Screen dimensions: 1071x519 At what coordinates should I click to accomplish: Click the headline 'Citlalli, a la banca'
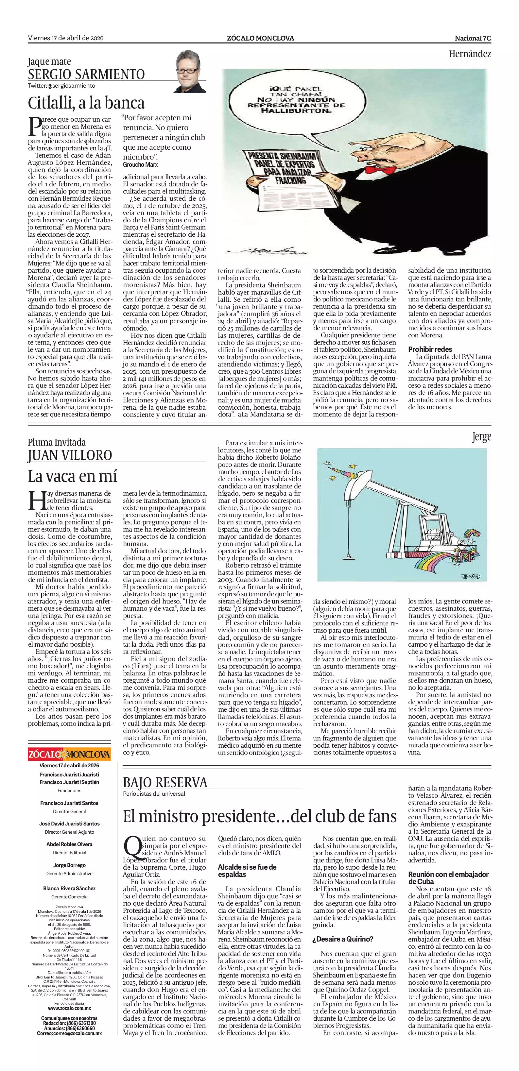tap(86, 102)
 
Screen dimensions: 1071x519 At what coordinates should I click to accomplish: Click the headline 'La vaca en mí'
tap(72, 476)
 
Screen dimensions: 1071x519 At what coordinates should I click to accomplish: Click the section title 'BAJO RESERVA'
tap(165, 782)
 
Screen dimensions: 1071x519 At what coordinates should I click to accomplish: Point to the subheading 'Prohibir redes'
tap(430, 349)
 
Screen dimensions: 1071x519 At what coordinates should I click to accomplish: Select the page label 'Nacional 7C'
tap(473, 38)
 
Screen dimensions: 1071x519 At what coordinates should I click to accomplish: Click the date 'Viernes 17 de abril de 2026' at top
tap(66, 38)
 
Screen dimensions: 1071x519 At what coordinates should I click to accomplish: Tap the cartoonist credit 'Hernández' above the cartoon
tap(470, 54)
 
